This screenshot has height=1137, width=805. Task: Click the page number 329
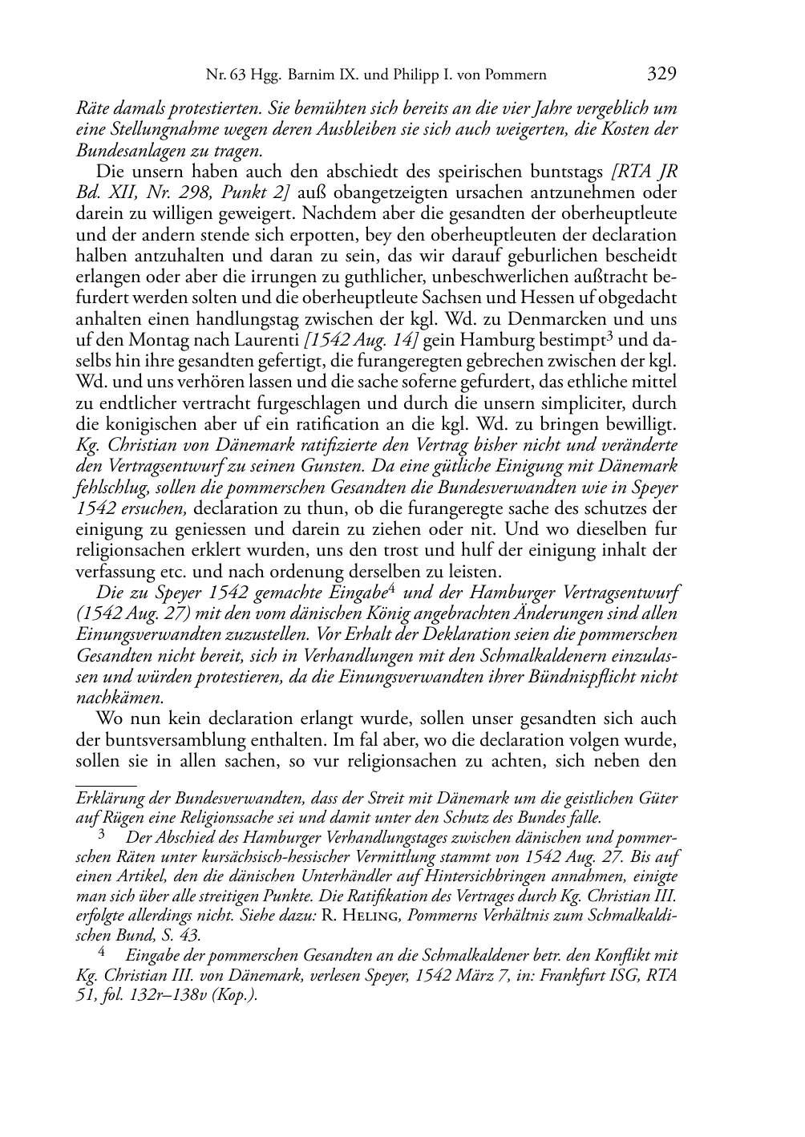pyautogui.click(x=661, y=75)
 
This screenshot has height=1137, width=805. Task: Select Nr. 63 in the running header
pyautogui.click(x=223, y=76)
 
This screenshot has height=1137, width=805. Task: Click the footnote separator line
pyautogui.click(x=105, y=776)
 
